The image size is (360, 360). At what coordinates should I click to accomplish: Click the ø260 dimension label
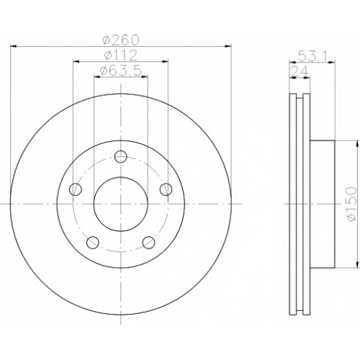point(121,40)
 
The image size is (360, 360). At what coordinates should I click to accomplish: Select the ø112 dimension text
point(120,55)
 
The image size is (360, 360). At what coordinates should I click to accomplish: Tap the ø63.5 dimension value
point(120,71)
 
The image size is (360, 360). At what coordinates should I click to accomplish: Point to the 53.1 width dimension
point(312,56)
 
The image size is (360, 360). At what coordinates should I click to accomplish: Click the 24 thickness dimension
point(300,71)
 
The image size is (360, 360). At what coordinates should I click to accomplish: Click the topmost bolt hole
point(121,157)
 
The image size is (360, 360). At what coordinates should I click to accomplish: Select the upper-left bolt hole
point(76,189)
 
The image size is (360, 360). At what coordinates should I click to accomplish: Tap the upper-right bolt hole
point(166,189)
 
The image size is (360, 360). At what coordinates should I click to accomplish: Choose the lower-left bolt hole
point(93,243)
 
